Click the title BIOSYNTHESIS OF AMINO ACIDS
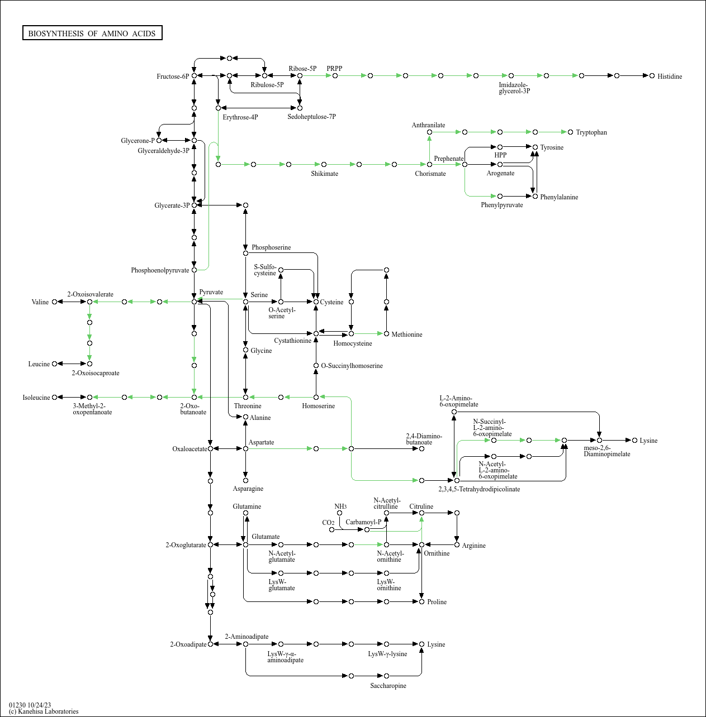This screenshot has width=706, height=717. click(x=92, y=34)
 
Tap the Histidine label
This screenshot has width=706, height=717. click(x=669, y=77)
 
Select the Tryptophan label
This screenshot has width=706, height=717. click(x=591, y=132)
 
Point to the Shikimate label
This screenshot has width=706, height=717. click(x=324, y=174)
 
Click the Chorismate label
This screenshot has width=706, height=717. click(x=430, y=174)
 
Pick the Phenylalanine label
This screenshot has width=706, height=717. click(x=558, y=197)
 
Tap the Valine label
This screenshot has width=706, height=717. click(x=40, y=302)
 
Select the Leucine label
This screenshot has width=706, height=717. click(x=39, y=364)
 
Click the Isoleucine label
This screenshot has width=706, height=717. click(x=36, y=398)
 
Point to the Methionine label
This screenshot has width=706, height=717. click(x=406, y=334)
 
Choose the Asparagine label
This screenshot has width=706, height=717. click(x=248, y=489)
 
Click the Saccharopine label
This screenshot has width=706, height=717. click(x=388, y=686)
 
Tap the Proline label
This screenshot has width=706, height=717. click(x=437, y=602)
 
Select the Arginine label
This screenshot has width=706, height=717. click(x=473, y=546)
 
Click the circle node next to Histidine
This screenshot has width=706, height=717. click(x=652, y=76)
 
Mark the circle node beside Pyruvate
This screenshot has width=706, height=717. click(x=194, y=302)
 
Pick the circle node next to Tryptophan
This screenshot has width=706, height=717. click(x=570, y=132)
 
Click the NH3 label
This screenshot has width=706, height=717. click(x=340, y=506)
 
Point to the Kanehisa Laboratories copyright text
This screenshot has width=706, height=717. click(x=44, y=711)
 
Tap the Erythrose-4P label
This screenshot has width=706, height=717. click(x=240, y=117)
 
